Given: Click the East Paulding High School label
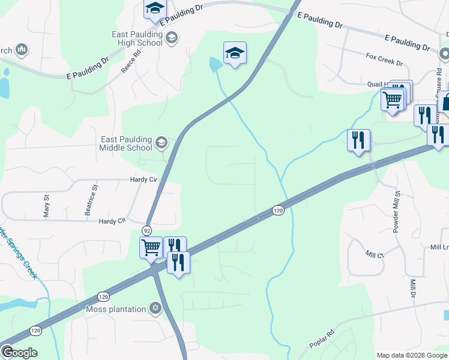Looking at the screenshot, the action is [x=137, y=38].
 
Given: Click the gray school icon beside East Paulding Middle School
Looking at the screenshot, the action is [x=161, y=143].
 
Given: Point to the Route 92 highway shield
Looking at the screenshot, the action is [x=146, y=230].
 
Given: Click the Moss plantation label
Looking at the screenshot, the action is [x=116, y=309].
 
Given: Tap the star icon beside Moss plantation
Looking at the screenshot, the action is [x=155, y=309].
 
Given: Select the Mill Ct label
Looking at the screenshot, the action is [x=375, y=254].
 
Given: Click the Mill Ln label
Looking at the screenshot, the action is [x=439, y=247].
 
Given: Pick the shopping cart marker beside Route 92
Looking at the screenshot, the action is [x=150, y=247].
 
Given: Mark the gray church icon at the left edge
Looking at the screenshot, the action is [x=22, y=49].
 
